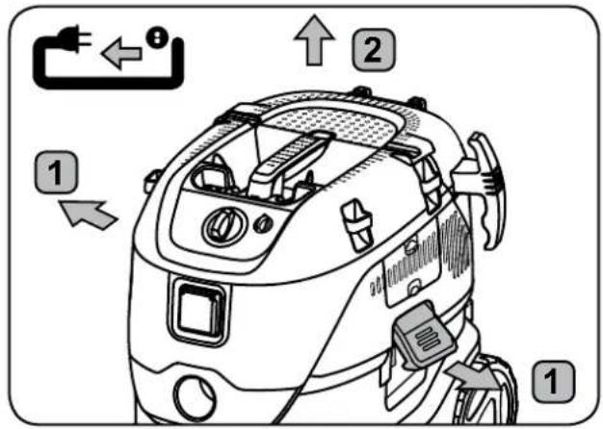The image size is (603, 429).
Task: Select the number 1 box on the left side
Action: click(x=57, y=173)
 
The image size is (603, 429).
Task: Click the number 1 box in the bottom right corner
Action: click(x=553, y=380)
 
